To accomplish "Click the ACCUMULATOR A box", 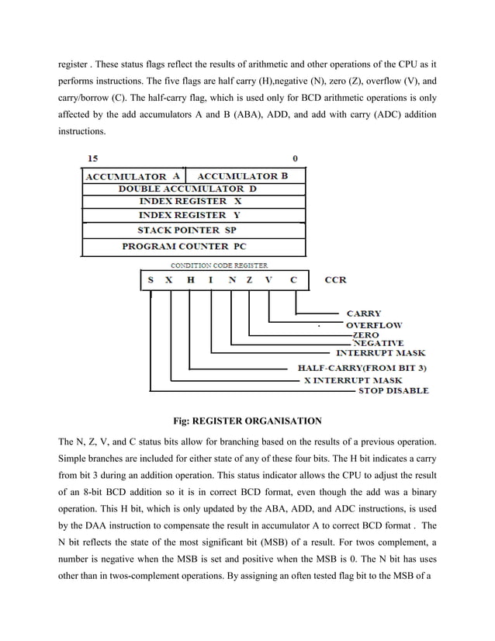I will [x=133, y=177].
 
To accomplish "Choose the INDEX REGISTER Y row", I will [x=193, y=214].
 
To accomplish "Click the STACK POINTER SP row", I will [x=193, y=230].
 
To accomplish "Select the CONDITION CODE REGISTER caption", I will [x=220, y=265].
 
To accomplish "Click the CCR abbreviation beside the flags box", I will [x=335, y=279].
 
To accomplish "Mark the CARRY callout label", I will [x=363, y=314].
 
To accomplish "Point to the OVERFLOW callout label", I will [x=373, y=325].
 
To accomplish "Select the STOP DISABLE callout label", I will [x=393, y=390].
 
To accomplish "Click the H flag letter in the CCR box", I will [x=190, y=279].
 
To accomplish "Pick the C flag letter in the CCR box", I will [x=293, y=279].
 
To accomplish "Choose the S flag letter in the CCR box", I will [x=151, y=279].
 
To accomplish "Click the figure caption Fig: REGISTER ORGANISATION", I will [x=247, y=421].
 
